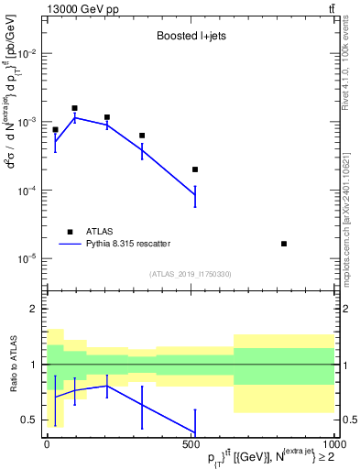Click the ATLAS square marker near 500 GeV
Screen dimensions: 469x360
coord(195,169)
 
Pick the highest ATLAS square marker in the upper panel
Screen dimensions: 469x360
coord(75,108)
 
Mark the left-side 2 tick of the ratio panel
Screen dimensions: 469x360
coord(32,309)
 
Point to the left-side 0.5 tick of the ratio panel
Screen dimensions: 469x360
coord(28,420)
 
